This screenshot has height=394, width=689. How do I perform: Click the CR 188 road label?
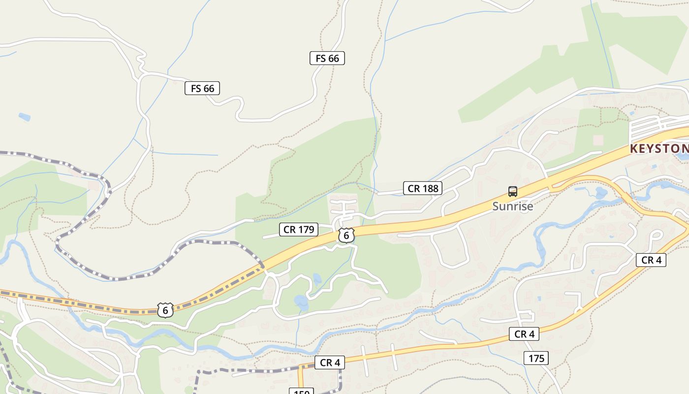tap(423, 188)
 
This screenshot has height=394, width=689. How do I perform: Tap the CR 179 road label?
tap(299, 230)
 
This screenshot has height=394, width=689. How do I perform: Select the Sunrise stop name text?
tap(513, 206)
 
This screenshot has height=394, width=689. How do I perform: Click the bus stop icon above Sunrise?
tap(513, 192)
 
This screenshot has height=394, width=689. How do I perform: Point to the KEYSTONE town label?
tap(659, 148)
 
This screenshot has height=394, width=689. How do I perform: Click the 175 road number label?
tap(536, 358)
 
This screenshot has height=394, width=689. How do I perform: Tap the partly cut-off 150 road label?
tap(301, 392)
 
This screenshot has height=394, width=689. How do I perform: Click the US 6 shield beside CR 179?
tap(346, 236)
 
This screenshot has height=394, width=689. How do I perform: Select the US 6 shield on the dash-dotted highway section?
tap(165, 310)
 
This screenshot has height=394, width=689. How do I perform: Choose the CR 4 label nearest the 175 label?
tap(524, 334)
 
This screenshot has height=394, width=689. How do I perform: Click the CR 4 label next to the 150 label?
tap(330, 363)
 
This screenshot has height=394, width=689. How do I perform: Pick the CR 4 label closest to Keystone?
tap(651, 260)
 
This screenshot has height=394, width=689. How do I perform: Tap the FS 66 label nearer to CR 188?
tap(327, 58)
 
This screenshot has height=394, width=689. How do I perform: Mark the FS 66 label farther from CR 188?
tap(202, 88)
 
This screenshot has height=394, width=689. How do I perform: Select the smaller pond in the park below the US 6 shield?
tap(317, 279)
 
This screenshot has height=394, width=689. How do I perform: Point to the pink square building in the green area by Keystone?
tap(598, 140)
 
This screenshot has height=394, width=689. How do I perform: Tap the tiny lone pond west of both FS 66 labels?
tap(24, 117)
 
